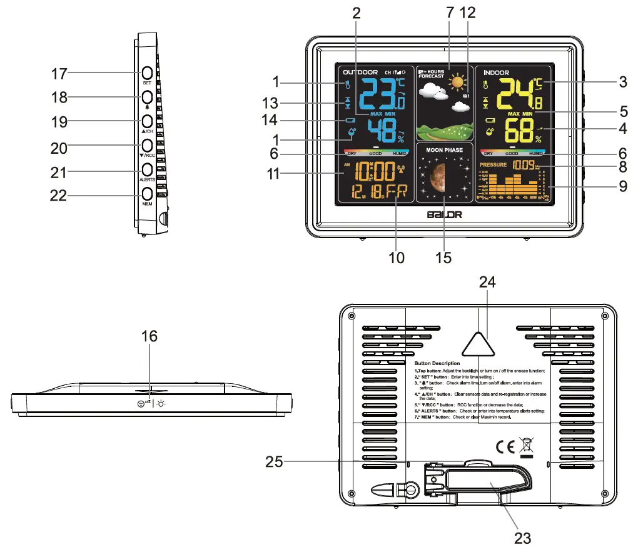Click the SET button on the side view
[148, 73]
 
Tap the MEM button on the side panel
[148, 194]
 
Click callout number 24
[487, 283]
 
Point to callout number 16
[149, 336]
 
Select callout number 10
[396, 257]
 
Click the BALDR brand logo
[443, 214]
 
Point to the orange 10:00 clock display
[373, 171]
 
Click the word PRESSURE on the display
[493, 165]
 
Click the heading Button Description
[437, 363]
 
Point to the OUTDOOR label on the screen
[360, 73]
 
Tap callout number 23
[522, 537]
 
